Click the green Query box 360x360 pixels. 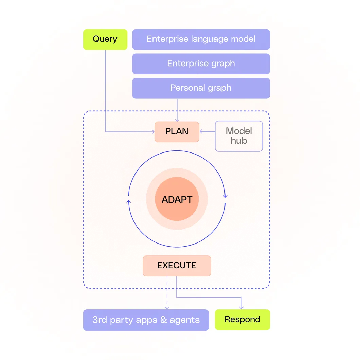coord(105,39)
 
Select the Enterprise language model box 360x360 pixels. coord(201,39)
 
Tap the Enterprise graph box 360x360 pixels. coord(201,64)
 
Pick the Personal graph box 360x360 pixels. coord(201,88)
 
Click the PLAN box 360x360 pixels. coord(177,132)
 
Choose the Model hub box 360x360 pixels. coord(239,136)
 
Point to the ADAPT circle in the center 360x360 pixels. coord(177,200)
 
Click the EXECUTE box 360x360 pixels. coord(177,266)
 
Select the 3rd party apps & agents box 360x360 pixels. coord(146,320)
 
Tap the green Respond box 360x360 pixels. coord(242,320)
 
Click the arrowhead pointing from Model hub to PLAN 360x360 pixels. coord(201,132)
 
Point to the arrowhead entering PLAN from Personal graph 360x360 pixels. coord(177,120)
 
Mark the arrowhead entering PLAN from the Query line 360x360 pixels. coord(152,132)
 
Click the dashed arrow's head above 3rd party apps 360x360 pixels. coord(167,307)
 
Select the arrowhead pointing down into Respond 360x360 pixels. coord(241,307)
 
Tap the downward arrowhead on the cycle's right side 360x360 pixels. coord(225,196)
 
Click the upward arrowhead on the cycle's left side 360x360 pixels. coord(128,202)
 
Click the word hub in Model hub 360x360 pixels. coord(239,141)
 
